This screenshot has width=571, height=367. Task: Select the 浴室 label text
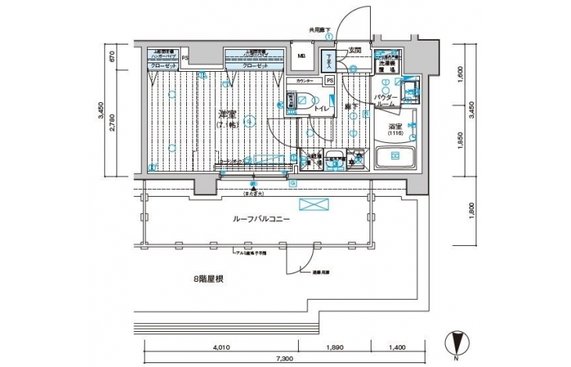tap(394, 126)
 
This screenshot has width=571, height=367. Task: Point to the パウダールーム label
tap(388, 100)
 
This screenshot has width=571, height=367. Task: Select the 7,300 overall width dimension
tap(285, 358)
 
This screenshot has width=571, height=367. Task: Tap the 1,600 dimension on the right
tap(460, 74)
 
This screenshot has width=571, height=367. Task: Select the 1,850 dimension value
tap(460, 142)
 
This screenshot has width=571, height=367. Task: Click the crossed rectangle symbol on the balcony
tap(315, 205)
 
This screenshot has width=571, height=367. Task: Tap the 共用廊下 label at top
tap(320, 30)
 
